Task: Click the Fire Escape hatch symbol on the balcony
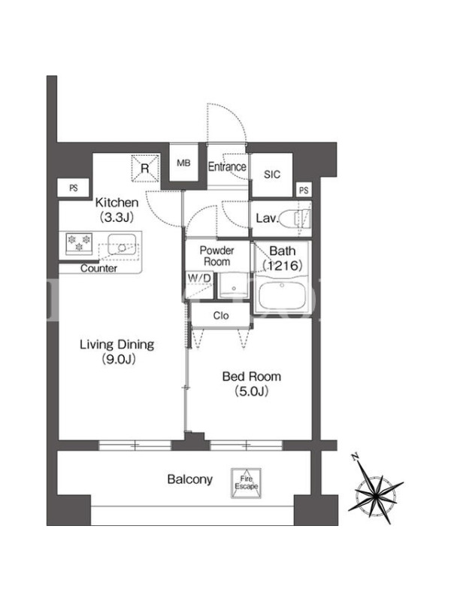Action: [247, 483]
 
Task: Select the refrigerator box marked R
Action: [145, 167]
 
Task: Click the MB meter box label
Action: [183, 163]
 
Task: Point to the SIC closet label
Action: [272, 175]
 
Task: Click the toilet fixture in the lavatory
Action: [295, 219]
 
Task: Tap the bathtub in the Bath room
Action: [283, 293]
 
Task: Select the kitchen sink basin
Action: [122, 245]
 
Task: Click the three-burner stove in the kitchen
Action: [79, 243]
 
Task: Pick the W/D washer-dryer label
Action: [199, 278]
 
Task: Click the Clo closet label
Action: [221, 315]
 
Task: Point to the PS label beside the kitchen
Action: [74, 188]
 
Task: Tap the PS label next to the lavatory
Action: [304, 190]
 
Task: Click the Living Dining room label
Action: [117, 345]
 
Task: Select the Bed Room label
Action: [252, 376]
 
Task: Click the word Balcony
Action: [190, 479]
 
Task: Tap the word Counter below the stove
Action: [99, 269]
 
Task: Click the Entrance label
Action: [227, 166]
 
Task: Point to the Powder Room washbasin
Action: [234, 284]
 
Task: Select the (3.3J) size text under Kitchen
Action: [117, 217]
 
